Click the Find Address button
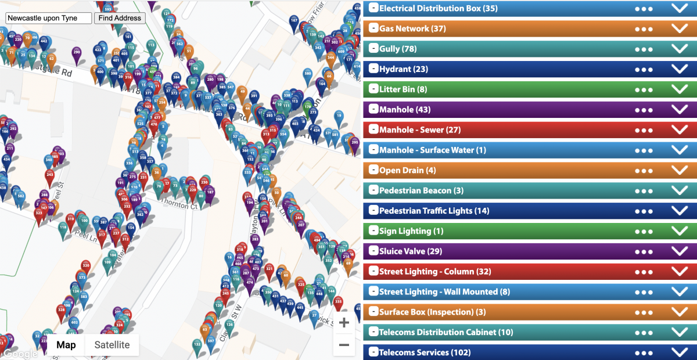(120, 18)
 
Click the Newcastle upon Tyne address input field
(49, 18)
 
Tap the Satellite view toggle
(112, 345)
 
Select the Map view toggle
(66, 345)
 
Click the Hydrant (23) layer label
(403, 69)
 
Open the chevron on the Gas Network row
(679, 28)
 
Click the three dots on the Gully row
(644, 49)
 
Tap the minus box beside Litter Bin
(374, 89)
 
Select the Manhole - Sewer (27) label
(419, 130)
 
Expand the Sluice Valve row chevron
(679, 251)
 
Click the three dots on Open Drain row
(644, 171)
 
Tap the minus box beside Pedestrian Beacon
(374, 190)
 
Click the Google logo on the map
(20, 353)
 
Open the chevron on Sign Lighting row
(679, 231)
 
